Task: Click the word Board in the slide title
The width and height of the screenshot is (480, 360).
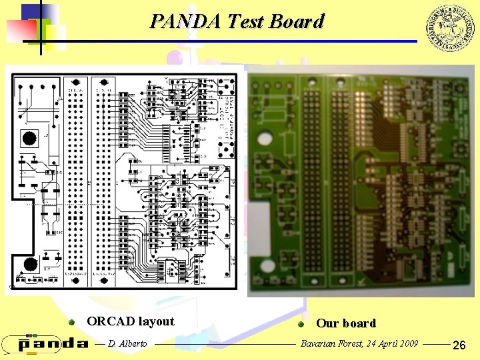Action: pos(297,21)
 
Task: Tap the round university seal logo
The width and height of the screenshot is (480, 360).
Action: pos(449,27)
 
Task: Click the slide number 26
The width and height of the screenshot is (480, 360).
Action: pos(459,345)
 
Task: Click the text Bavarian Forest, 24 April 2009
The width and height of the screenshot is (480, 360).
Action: pos(359,343)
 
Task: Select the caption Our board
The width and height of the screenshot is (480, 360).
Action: pos(345,323)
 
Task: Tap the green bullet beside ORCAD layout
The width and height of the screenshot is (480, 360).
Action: pos(71,322)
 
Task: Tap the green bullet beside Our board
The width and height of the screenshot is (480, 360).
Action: pos(301,324)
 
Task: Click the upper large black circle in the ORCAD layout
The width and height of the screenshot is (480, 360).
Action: pos(29,139)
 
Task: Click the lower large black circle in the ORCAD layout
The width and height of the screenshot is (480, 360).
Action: pos(29,263)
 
